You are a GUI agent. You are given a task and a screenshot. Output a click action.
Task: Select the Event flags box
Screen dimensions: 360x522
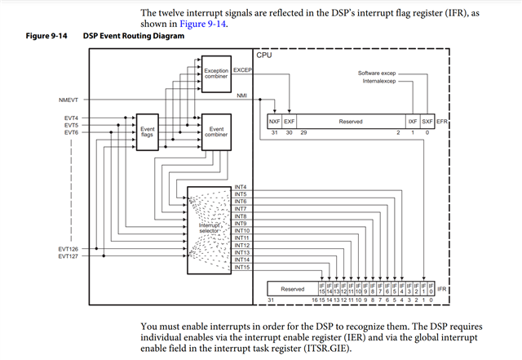148,133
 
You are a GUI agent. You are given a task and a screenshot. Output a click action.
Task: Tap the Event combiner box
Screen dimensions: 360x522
216,133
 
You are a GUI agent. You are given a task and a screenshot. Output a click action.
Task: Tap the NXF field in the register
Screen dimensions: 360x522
274,121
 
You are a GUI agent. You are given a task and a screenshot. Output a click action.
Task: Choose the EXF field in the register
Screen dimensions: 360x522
289,121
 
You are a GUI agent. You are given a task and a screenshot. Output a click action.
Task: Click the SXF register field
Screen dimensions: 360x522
428,121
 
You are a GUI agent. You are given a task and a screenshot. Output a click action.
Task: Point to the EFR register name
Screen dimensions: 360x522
443,121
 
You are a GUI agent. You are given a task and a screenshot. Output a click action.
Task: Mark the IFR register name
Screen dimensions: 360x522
442,288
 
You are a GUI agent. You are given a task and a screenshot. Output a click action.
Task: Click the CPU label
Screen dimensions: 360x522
264,55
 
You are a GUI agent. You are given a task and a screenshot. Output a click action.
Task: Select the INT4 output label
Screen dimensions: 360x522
241,187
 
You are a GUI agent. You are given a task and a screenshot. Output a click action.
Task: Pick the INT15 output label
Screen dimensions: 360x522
242,267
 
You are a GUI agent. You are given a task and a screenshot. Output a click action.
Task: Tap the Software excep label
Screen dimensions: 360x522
378,73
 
